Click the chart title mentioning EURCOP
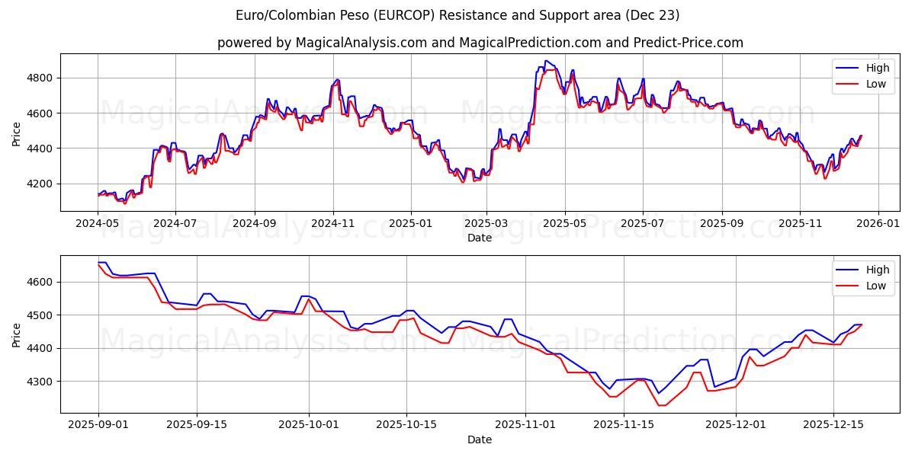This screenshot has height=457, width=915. pyautogui.click(x=457, y=15)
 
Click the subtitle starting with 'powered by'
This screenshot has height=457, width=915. pyautogui.click(x=480, y=43)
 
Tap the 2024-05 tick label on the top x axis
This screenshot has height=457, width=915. pyautogui.click(x=98, y=225)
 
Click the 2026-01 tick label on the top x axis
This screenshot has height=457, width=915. pyautogui.click(x=878, y=225)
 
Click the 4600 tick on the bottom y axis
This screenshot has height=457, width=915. pyautogui.click(x=43, y=282)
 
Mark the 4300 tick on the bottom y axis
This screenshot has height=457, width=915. pyautogui.click(x=43, y=382)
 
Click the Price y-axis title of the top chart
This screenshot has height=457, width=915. pyautogui.click(x=17, y=133)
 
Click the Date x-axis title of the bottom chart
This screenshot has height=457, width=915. pyautogui.click(x=480, y=440)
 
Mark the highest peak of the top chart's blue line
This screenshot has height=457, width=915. pyautogui.click(x=546, y=61)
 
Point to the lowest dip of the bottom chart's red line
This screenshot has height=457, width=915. pyautogui.click(x=660, y=405)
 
